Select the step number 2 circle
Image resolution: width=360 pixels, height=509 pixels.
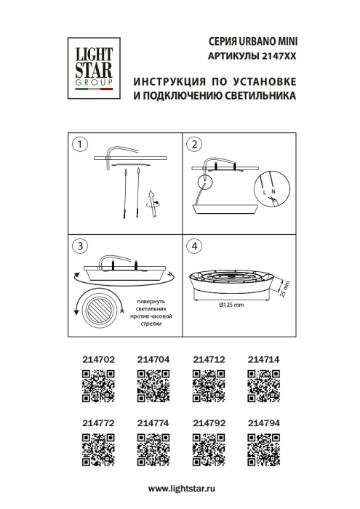pos(194,144)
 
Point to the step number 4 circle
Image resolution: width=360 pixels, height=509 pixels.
pos(194,246)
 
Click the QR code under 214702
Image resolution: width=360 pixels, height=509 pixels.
pos(96,385)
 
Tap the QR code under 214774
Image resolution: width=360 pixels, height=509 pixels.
pos(153,448)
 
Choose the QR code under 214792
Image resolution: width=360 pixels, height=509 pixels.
pos(208,448)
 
